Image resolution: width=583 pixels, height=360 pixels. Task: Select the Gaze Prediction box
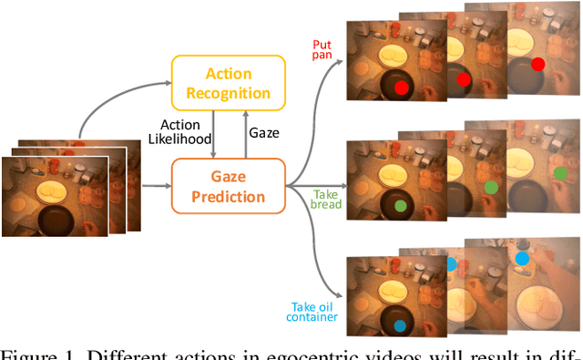[229, 185]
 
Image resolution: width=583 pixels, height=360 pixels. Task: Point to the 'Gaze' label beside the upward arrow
[264, 132]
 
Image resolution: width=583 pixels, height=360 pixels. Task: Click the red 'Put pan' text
[322, 50]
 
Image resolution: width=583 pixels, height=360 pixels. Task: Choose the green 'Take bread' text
[326, 200]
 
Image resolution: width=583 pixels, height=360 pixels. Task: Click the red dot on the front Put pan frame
[402, 87]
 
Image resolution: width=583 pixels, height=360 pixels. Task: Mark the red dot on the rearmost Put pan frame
[537, 64]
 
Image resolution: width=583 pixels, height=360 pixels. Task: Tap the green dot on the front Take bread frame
[400, 206]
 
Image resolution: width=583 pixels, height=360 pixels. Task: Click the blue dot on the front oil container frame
[400, 325]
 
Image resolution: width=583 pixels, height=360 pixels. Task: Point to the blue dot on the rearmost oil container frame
[522, 259]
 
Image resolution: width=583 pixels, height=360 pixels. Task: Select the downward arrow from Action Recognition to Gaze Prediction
[212, 131]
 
